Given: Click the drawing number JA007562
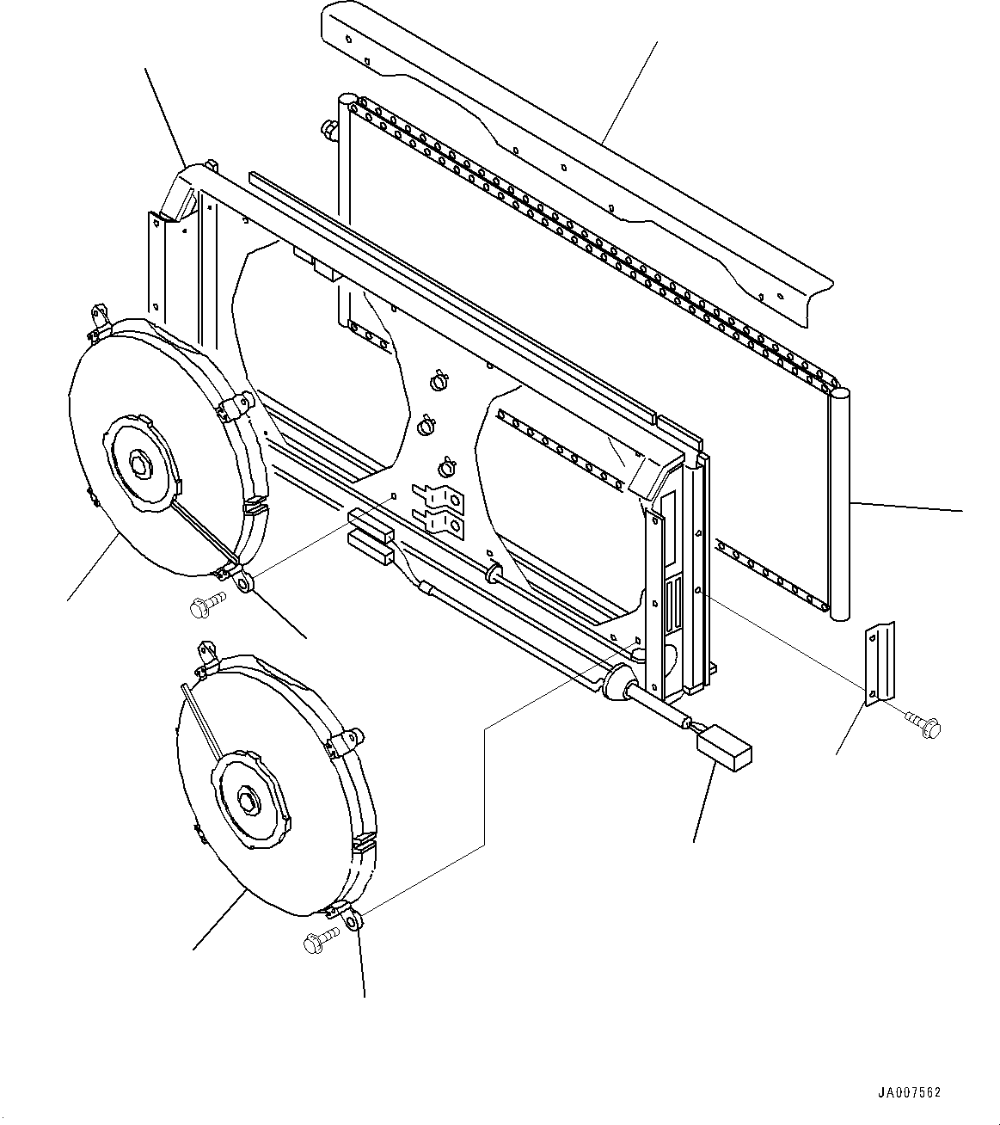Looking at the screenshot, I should tap(909, 1093).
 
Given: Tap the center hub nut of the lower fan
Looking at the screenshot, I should tap(249, 801).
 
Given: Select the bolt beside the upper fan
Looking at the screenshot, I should tap(205, 606).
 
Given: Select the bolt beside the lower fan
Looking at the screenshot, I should tap(321, 942).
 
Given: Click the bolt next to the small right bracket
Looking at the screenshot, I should tap(923, 725).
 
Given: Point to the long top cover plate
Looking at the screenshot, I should tap(576, 163).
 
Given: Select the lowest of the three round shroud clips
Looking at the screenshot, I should tap(448, 467).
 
